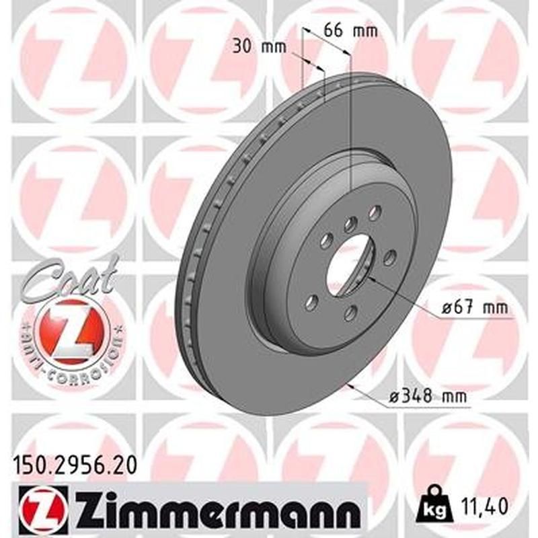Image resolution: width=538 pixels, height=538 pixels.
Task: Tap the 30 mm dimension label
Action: point(260,46)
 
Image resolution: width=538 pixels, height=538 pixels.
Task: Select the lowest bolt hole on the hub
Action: point(349,312)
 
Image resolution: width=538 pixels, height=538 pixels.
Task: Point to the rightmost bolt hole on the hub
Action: point(388,257)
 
